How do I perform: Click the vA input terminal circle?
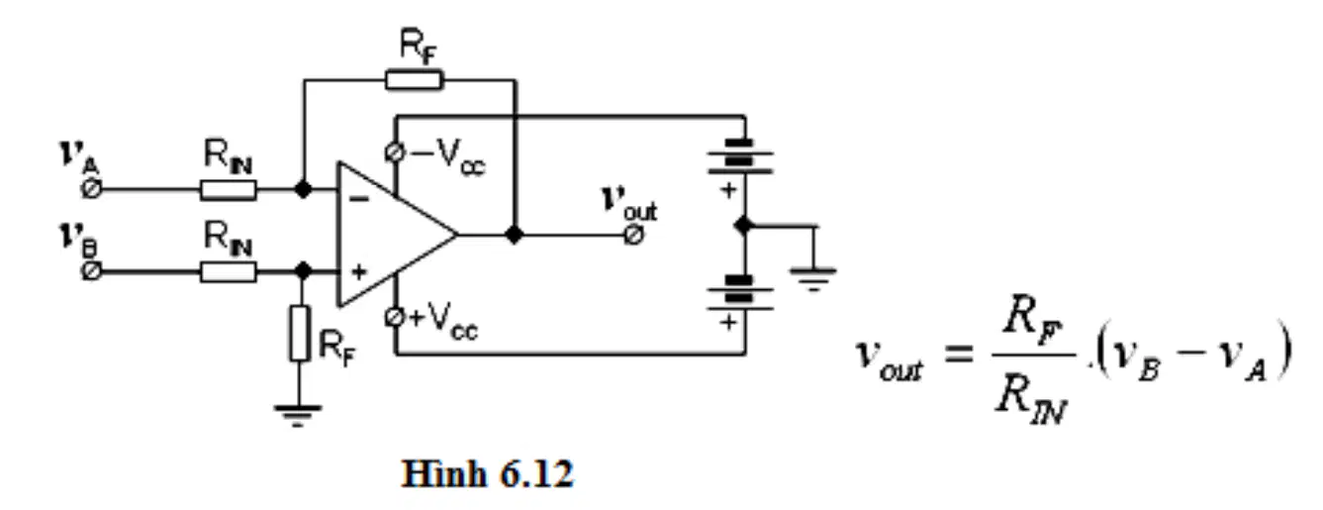tap(91, 189)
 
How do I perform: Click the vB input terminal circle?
tap(91, 271)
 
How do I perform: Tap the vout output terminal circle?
tap(633, 236)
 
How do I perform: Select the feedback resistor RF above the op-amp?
tap(414, 80)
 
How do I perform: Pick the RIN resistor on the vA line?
tap(229, 190)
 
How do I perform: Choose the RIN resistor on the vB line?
tap(229, 272)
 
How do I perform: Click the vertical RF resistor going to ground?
tap(300, 334)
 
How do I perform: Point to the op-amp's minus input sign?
tap(359, 199)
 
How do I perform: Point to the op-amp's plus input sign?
tap(359, 272)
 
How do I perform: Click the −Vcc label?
tap(448, 156)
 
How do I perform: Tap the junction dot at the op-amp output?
tap(515, 235)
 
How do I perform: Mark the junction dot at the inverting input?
tap(303, 189)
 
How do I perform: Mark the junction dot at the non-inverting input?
tap(303, 270)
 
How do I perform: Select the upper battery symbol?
tap(740, 157)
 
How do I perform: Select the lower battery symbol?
tap(740, 292)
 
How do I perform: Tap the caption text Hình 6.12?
tap(487, 474)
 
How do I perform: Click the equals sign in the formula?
tap(959, 355)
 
